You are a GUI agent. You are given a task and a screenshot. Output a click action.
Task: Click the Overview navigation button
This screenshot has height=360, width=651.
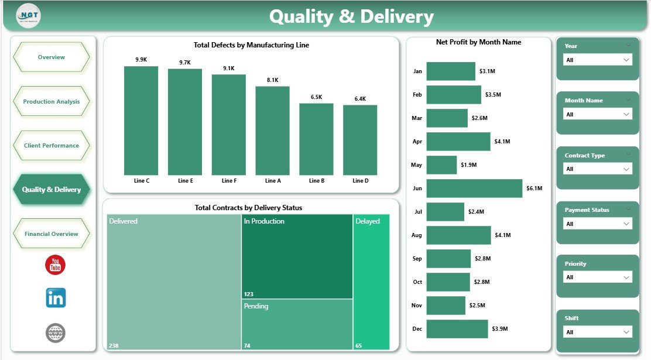pyautogui.click(x=52, y=57)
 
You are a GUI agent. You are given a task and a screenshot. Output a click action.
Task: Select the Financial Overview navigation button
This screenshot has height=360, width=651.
pyautogui.click(x=52, y=234)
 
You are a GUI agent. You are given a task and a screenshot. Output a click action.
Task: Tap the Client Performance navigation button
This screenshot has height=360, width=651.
pyautogui.click(x=52, y=145)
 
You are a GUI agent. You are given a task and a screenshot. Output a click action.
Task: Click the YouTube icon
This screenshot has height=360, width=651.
pyautogui.click(x=56, y=265)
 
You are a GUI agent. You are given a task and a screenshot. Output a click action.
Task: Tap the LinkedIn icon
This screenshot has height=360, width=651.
pyautogui.click(x=56, y=298)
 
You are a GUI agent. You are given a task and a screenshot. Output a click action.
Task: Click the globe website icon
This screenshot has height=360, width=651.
pyautogui.click(x=56, y=333)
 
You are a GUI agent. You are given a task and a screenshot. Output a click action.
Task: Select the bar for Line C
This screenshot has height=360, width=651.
pyautogui.click(x=141, y=120)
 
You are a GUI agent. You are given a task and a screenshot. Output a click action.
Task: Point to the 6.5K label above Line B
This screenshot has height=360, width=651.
pyautogui.click(x=316, y=97)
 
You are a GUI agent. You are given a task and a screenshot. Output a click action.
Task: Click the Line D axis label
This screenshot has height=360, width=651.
pyautogui.click(x=361, y=181)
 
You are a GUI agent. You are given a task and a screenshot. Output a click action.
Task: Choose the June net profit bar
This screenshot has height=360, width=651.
pyautogui.click(x=474, y=188)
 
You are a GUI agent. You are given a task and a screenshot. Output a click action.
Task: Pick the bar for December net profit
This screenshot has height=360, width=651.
pyautogui.click(x=457, y=329)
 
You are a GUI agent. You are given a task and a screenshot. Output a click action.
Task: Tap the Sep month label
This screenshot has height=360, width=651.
pyautogui.click(x=417, y=258)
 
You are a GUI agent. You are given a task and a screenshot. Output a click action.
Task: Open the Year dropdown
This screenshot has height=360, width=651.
pyautogui.click(x=597, y=60)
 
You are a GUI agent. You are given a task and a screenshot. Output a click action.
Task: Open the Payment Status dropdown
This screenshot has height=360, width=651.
pyautogui.click(x=597, y=224)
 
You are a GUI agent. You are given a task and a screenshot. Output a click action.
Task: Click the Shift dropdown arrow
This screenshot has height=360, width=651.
pyautogui.click(x=626, y=332)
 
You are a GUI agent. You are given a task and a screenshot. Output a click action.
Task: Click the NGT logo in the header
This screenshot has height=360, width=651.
pyautogui.click(x=28, y=16)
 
